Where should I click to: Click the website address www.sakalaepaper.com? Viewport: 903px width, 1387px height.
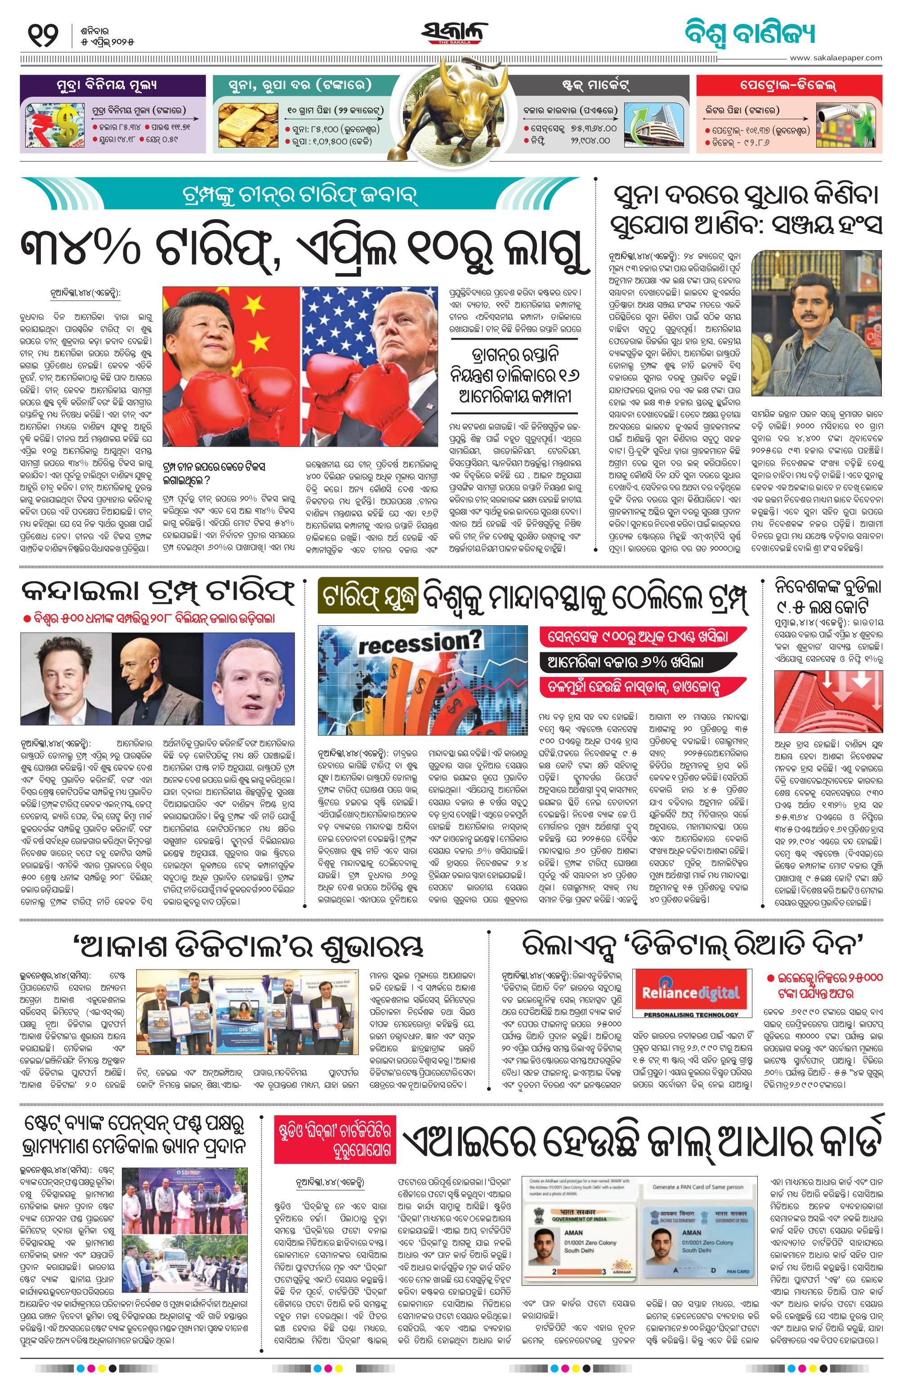click(x=836, y=58)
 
